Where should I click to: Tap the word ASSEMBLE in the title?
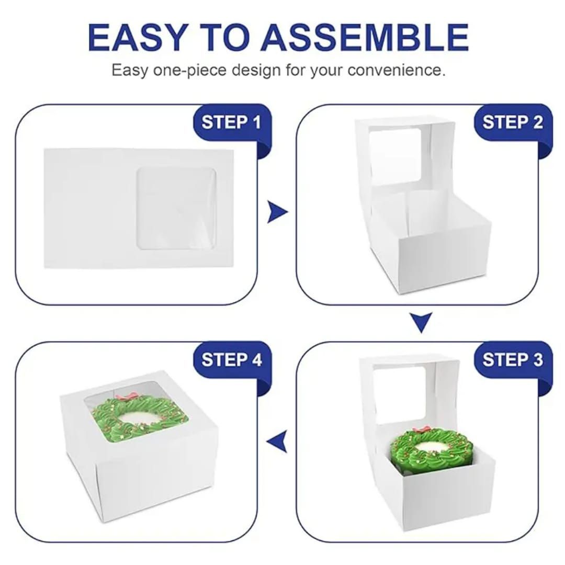click(x=365, y=37)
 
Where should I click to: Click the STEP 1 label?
click(x=231, y=122)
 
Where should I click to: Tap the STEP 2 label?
click(x=512, y=122)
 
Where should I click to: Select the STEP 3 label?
click(x=512, y=359)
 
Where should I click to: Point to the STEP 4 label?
click(x=232, y=359)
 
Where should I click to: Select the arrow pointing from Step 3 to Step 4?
click(x=277, y=441)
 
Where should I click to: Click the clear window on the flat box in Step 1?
click(x=176, y=208)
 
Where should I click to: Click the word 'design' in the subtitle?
click(x=256, y=70)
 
